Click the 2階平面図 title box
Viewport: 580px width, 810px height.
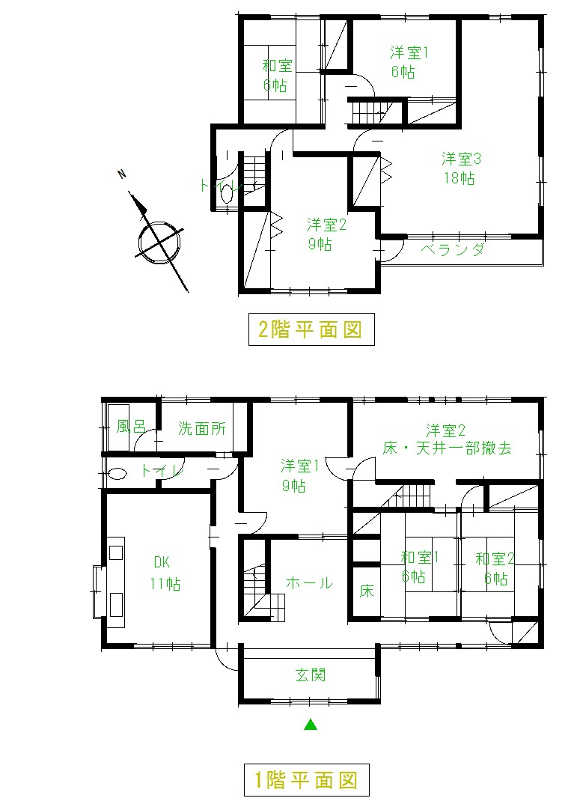point(311,329)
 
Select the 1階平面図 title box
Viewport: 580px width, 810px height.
point(307,780)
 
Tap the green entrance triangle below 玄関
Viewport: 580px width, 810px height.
point(311,724)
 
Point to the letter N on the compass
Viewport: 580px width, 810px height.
point(122,174)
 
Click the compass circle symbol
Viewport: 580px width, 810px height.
point(159,242)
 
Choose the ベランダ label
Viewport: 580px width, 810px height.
point(453,250)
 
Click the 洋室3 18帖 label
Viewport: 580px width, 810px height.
point(461,168)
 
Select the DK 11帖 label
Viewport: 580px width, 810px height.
point(165,573)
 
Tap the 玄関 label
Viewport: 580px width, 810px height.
point(311,675)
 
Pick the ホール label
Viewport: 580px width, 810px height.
point(309,582)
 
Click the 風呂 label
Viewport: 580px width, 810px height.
point(131,426)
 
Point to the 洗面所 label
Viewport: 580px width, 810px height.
point(202,428)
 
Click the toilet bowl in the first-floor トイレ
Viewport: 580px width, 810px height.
point(117,473)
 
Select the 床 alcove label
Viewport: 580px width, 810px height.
point(366,591)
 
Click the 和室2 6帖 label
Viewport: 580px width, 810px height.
point(495,568)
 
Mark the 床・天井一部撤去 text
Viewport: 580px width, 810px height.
point(448,448)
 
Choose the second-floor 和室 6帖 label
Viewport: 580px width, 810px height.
point(277,76)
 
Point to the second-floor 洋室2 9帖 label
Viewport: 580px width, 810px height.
point(326,234)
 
